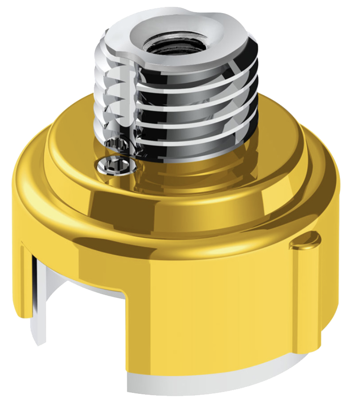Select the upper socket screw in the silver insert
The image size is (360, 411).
pyautogui.click(x=116, y=146)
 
